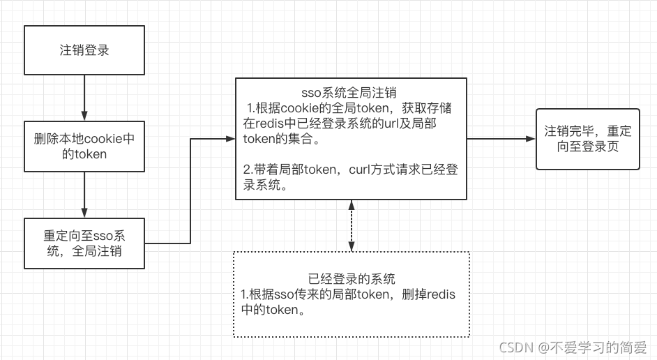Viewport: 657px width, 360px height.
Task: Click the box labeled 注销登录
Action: (84, 50)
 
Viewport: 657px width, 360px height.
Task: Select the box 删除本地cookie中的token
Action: (84, 147)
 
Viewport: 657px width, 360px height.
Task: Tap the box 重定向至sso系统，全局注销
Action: (84, 243)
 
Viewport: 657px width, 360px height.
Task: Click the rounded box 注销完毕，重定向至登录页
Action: (587, 140)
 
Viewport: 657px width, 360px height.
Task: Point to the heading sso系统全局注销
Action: (349, 91)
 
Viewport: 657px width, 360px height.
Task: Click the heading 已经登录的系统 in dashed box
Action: (352, 279)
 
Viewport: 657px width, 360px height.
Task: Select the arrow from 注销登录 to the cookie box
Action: (84, 98)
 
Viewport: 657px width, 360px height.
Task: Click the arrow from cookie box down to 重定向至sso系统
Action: (84, 194)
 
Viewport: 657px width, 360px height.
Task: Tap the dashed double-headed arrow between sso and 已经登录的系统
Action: (352, 225)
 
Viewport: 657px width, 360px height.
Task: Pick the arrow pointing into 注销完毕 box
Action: (501, 139)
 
